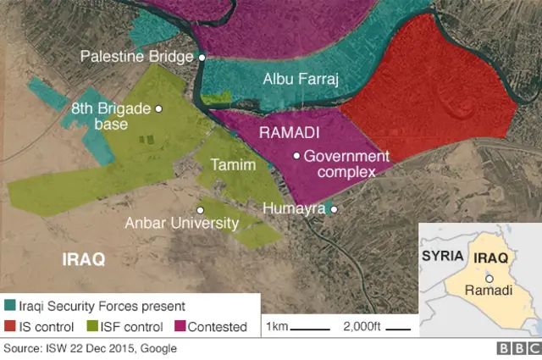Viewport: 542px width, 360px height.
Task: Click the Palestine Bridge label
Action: click(137, 57)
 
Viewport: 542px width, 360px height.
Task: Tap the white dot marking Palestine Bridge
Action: click(202, 57)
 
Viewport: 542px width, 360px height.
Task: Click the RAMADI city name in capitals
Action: click(289, 133)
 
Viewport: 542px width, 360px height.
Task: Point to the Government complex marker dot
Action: click(296, 156)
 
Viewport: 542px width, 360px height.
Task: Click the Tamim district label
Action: click(233, 164)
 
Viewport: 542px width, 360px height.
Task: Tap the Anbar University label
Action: click(181, 224)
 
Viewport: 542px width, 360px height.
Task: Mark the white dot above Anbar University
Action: click(201, 209)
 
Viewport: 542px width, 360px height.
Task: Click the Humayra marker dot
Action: click(335, 209)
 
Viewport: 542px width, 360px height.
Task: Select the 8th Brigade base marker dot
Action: click(158, 108)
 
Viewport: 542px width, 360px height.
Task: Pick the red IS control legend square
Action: click(9, 326)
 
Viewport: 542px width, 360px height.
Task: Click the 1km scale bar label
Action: click(276, 327)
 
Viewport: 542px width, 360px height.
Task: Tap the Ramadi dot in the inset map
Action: click(489, 278)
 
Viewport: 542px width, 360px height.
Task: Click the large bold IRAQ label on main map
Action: click(84, 260)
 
